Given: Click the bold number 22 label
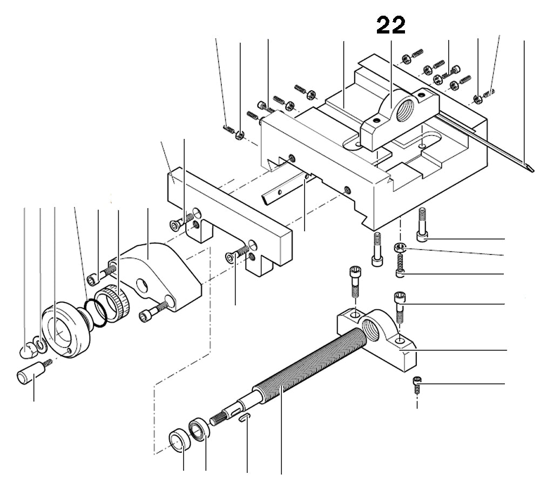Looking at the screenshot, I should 391,25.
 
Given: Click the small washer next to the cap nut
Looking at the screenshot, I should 39,343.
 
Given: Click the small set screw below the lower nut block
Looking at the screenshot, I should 416,385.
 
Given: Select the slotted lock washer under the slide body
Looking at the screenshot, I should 399,248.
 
